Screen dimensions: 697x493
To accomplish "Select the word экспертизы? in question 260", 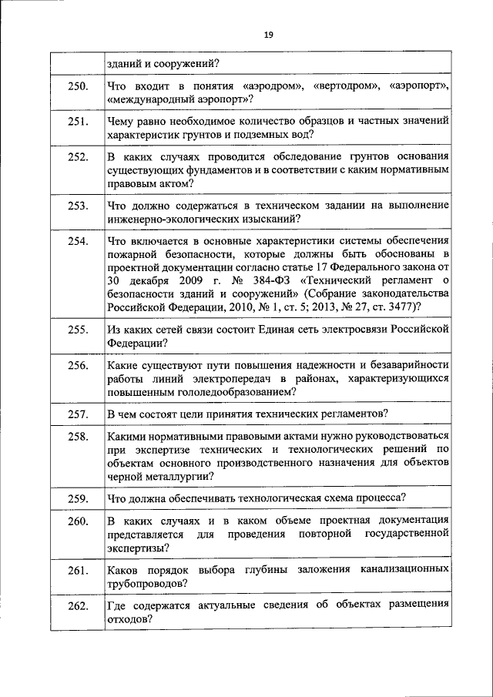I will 139,548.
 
